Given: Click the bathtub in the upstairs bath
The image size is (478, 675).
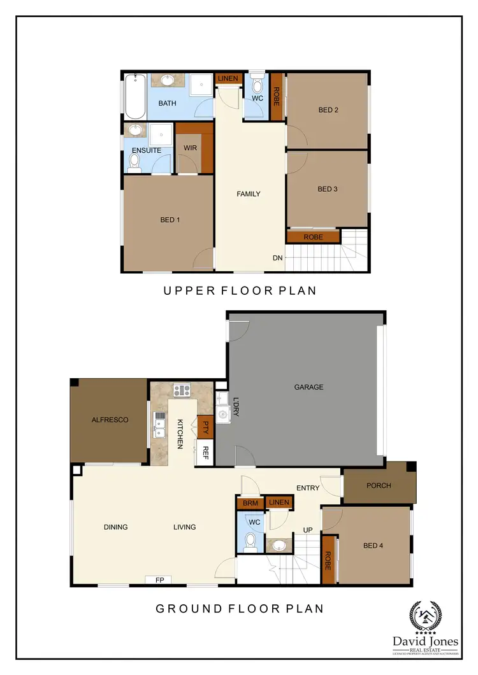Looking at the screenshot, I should [135, 97].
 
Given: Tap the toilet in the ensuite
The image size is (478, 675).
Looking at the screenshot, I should [134, 164].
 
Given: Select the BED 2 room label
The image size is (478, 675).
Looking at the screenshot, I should [328, 110].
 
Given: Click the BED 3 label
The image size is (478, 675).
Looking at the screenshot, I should [328, 189].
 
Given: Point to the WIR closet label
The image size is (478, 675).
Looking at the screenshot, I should [191, 148].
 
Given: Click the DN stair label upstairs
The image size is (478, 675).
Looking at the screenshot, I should [277, 258].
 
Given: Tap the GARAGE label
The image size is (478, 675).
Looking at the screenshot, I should [308, 387].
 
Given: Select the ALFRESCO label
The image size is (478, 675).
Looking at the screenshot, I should [110, 420].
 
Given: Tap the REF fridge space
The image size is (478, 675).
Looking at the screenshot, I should [205, 453].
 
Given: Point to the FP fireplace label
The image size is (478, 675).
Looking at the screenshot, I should [159, 579].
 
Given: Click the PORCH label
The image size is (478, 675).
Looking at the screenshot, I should [379, 486].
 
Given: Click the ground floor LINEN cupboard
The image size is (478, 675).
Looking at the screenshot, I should [279, 502].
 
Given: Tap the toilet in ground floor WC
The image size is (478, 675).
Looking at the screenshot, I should [250, 541].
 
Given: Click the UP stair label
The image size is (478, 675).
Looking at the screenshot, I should [307, 530].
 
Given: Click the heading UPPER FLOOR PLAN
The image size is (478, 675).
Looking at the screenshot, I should [240, 291].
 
